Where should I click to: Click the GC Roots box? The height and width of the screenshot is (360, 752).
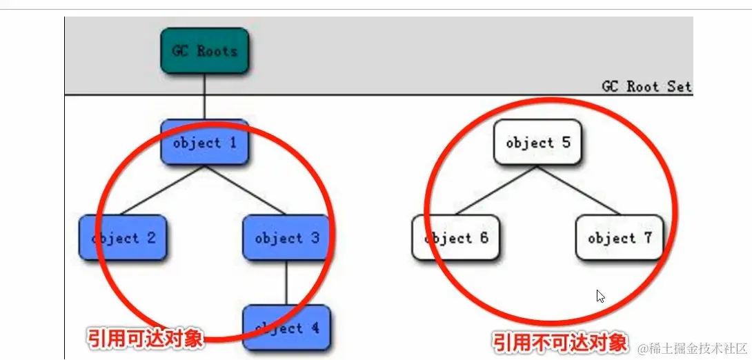point(204,51)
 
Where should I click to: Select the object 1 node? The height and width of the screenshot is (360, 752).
point(204,143)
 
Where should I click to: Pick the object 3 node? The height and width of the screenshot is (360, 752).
point(286,238)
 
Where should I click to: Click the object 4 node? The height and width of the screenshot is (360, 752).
point(286,328)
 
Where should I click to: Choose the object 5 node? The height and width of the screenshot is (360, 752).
point(537,143)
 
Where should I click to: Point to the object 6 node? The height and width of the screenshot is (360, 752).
point(455,238)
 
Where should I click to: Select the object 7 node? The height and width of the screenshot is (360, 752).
point(619,238)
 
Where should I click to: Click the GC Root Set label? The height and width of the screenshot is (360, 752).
point(646,87)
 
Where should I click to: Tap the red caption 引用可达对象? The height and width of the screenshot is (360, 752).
point(145,338)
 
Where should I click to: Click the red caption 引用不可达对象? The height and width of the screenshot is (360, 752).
point(560,342)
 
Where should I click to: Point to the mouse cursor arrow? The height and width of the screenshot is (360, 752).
point(600,296)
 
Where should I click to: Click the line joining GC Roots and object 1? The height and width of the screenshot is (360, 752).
point(204,97)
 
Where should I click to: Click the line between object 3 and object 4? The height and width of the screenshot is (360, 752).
point(286,283)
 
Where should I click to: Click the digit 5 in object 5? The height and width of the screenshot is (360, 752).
point(566,143)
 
